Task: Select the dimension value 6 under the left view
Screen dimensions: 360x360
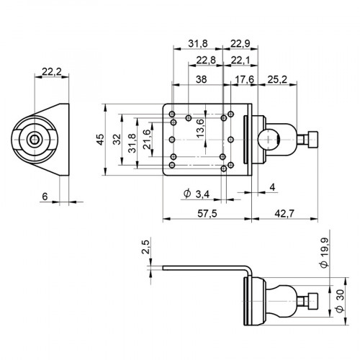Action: (44, 197)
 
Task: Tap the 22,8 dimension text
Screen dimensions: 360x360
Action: (205, 60)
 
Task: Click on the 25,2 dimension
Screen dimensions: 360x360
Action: (277, 79)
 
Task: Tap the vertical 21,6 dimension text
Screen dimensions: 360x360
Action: (147, 139)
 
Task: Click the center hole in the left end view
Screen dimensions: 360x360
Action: (34, 138)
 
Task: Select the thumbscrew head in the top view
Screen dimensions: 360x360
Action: (312, 138)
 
